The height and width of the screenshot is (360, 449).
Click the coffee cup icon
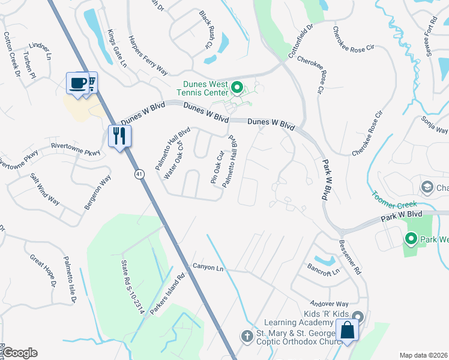(x=77, y=83)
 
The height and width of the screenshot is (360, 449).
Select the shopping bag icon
(x=348, y=329)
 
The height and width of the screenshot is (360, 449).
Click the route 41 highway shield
(x=139, y=174)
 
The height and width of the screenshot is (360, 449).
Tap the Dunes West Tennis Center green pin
(x=237, y=89)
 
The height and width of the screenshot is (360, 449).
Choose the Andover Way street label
(x=329, y=304)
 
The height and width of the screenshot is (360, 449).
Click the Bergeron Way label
(x=97, y=191)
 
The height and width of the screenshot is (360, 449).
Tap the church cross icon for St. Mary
(x=247, y=336)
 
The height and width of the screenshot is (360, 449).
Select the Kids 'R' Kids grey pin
(x=358, y=316)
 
